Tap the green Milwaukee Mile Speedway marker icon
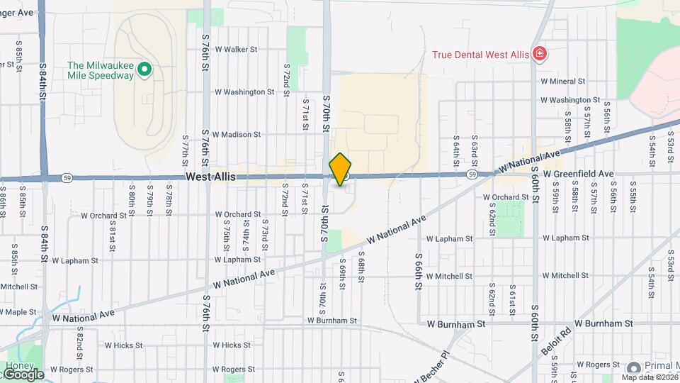144,69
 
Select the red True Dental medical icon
540,54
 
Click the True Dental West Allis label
482,54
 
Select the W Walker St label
235,50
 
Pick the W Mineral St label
562,82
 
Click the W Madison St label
237,134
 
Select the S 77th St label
185,148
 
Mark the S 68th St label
361,265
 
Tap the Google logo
21,374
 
